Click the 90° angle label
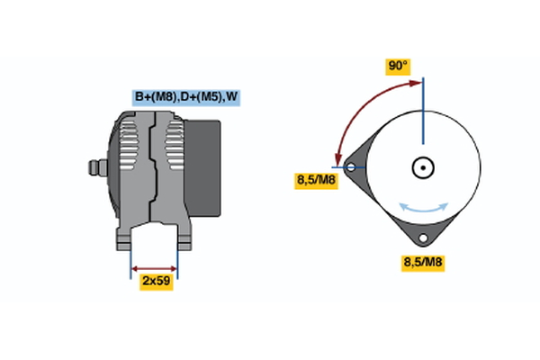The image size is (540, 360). [398, 67]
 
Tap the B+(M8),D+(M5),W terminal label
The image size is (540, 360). [186, 97]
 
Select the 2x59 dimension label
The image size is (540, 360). [157, 282]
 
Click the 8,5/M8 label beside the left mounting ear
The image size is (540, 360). [316, 181]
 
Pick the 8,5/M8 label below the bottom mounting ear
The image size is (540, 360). [423, 263]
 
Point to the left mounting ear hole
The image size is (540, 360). [351, 167]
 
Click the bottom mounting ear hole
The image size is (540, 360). [423, 238]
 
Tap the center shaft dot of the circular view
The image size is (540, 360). [423, 167]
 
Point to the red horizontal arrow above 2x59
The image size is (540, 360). [154, 269]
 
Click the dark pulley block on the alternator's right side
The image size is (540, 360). [202, 168]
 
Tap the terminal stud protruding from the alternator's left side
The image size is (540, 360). [98, 167]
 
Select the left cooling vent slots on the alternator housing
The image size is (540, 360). [129, 145]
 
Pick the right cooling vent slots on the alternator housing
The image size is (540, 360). [175, 145]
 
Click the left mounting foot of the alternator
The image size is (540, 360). [123, 238]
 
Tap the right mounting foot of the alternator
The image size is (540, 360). [184, 238]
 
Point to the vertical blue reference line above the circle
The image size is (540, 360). [423, 111]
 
